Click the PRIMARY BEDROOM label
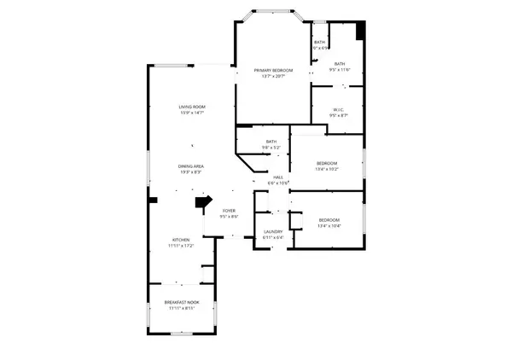[273, 70]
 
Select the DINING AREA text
[190, 166]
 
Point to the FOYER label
[229, 210]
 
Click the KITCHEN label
[181, 240]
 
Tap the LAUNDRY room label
[273, 231]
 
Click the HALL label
[278, 177]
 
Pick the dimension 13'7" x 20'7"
[273, 77]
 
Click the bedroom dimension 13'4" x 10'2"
[327, 169]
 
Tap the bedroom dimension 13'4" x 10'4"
[329, 226]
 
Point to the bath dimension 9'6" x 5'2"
[271, 148]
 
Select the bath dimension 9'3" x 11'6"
[339, 70]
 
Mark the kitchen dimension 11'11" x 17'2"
[181, 246]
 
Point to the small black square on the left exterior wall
[153, 200]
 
